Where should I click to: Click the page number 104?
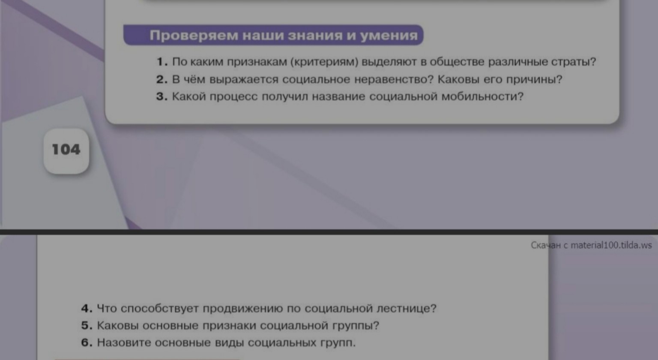[x=66, y=150]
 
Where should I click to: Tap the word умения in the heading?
[x=389, y=36]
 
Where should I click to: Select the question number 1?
[x=161, y=62]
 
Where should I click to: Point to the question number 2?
[x=161, y=80]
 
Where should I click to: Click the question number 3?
[x=161, y=97]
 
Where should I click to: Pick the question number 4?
[x=86, y=309]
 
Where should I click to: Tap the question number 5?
[x=86, y=326]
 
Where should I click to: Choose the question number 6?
[x=86, y=343]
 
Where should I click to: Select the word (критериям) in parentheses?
[x=324, y=62]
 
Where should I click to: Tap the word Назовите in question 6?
[x=124, y=343]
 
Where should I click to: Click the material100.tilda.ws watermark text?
[x=611, y=245]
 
